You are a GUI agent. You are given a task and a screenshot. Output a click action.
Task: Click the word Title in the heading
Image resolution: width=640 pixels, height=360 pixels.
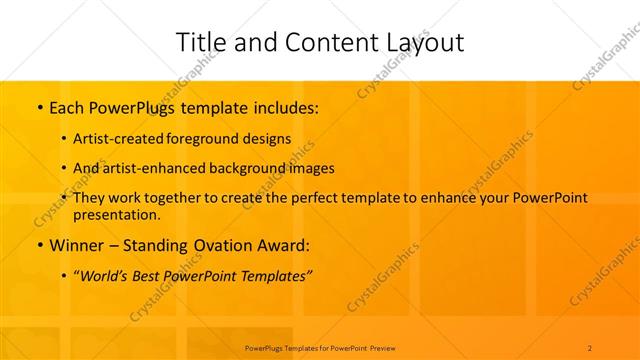point(200,42)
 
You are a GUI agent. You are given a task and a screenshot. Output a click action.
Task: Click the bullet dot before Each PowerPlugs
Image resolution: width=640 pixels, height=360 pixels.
point(38,106)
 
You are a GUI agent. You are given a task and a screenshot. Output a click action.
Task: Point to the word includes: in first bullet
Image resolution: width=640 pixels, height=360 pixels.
point(285,106)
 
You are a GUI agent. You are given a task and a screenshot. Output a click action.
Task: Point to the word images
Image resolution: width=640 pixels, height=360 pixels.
point(312,168)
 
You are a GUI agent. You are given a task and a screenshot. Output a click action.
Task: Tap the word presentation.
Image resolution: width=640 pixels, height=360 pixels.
point(116,214)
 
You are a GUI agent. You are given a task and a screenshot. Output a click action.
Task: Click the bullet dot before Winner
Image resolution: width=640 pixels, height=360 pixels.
point(38,245)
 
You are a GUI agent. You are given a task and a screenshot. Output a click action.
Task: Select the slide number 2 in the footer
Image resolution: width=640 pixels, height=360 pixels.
point(590,347)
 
